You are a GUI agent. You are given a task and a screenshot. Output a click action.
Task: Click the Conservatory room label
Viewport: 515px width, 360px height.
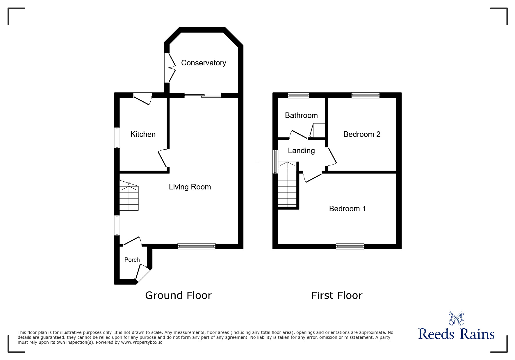click(x=204, y=63)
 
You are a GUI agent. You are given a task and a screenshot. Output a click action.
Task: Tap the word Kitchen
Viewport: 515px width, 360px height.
click(x=143, y=134)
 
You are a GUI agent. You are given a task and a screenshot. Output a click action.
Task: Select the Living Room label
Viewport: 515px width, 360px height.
click(x=190, y=187)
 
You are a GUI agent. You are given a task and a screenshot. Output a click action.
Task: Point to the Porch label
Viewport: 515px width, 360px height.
click(x=132, y=260)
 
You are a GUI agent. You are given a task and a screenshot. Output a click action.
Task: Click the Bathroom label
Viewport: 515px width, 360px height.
click(x=301, y=115)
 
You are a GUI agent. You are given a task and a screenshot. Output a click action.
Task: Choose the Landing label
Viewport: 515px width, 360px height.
click(x=301, y=151)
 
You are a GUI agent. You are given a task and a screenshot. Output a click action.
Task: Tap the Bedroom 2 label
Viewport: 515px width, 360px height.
click(x=362, y=134)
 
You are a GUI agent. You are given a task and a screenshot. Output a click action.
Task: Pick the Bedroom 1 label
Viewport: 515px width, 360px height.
click(x=348, y=209)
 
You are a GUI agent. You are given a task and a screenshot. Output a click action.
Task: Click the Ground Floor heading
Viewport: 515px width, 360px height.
click(x=179, y=295)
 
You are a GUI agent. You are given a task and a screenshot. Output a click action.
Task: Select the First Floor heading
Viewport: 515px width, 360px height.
click(x=337, y=295)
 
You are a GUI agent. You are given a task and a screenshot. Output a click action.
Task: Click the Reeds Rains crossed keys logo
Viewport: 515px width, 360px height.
click(x=456, y=318)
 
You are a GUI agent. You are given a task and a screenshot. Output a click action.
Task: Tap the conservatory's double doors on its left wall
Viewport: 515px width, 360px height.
click(x=170, y=68)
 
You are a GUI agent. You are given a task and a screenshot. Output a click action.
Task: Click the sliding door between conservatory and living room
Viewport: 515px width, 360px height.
click(x=203, y=95)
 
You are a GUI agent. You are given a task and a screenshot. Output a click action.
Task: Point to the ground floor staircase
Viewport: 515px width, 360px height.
click(x=129, y=196)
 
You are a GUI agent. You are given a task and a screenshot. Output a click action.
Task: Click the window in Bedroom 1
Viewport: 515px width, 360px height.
click(x=350, y=246)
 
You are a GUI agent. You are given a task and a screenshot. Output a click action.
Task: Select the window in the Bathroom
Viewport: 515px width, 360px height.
click(x=299, y=95)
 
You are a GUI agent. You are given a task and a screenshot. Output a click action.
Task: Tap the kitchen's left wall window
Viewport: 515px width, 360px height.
click(x=117, y=138)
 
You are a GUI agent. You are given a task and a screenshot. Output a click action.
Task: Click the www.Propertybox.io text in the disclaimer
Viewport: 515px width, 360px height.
click(x=142, y=342)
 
